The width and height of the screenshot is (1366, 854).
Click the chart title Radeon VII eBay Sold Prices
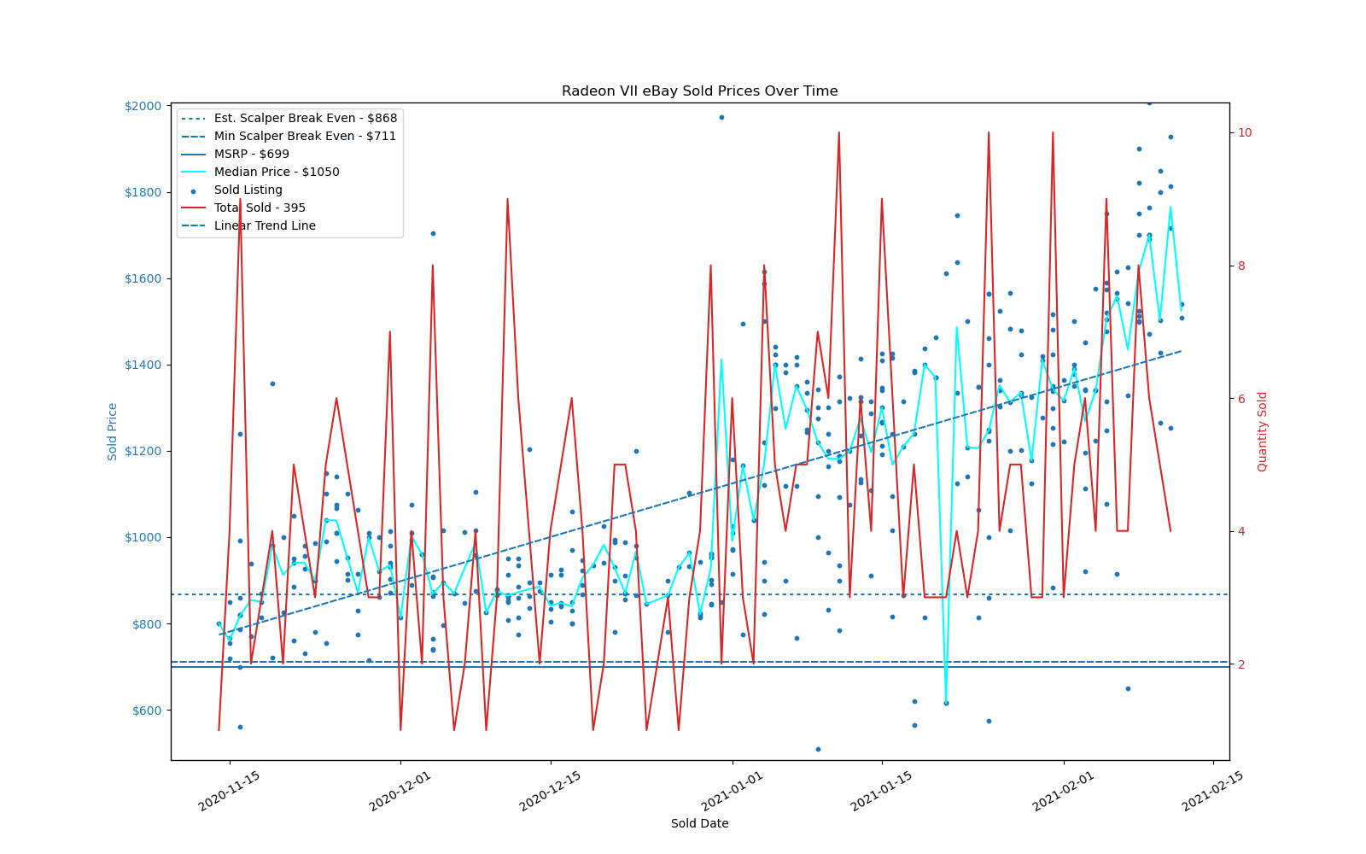click(699, 91)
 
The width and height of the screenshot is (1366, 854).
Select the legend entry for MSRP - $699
click(251, 155)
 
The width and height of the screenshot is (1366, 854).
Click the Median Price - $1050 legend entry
click(276, 173)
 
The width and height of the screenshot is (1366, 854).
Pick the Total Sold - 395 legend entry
click(260, 208)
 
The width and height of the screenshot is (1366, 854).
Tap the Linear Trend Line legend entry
click(265, 226)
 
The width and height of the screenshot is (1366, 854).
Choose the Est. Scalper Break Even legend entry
click(305, 119)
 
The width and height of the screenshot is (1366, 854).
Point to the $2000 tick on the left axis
click(143, 106)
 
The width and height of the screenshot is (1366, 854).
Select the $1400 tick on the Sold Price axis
click(143, 366)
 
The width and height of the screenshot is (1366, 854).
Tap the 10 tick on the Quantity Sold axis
click(1245, 132)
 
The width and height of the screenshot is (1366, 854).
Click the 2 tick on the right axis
click(1242, 664)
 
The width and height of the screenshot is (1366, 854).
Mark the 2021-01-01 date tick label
click(731, 792)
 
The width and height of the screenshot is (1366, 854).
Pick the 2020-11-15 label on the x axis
click(229, 792)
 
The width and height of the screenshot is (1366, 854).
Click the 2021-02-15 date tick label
click(1211, 792)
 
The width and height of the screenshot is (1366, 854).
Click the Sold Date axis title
click(699, 824)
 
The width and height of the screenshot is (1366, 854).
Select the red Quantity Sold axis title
click(1263, 431)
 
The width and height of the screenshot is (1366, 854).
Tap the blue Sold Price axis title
click(113, 431)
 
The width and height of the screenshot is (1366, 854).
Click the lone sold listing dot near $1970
click(721, 117)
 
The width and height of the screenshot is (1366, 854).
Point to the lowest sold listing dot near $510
click(818, 749)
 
